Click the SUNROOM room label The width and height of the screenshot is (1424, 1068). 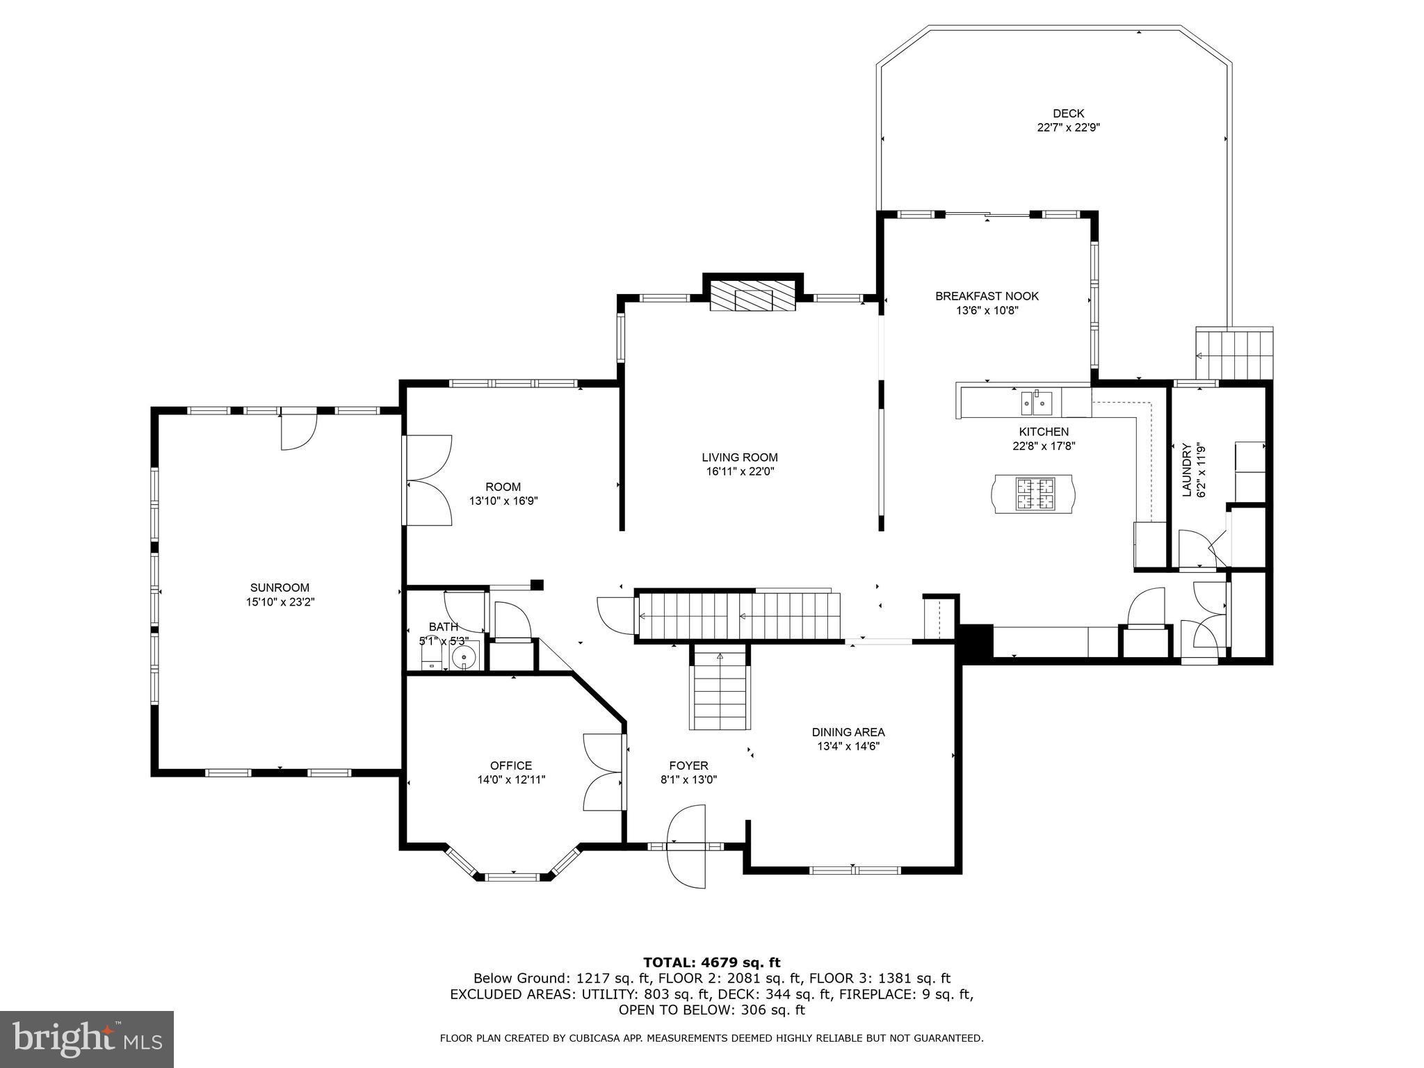point(280,588)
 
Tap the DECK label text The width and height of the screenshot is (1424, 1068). point(1068,113)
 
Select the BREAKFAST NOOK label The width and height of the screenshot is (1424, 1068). point(987,296)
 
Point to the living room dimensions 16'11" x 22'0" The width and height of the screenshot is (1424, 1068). point(740,471)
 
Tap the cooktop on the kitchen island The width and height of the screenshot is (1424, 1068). point(1035,494)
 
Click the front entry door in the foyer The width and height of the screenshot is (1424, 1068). point(686,846)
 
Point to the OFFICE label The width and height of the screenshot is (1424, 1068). point(511,766)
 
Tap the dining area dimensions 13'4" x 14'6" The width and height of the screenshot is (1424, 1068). point(848,746)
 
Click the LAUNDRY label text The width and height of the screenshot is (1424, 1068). point(1187,470)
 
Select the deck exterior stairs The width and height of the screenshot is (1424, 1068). point(1233,355)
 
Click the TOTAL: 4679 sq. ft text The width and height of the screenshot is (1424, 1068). point(712,963)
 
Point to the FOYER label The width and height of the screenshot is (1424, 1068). point(689,766)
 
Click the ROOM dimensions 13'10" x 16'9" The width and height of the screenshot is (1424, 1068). point(503,501)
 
